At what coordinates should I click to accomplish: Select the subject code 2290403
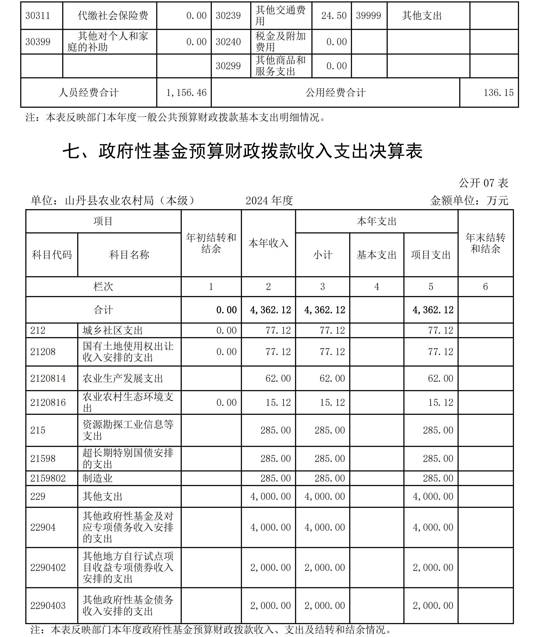(48, 605)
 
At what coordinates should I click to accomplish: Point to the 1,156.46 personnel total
(186, 93)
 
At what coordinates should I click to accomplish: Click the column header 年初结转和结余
(211, 243)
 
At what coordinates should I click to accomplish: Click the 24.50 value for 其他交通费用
(334, 16)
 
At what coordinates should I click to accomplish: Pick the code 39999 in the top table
(368, 16)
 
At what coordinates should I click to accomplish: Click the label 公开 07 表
(483, 183)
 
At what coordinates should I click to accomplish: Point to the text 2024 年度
(269, 201)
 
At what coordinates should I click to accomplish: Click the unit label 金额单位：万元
(469, 201)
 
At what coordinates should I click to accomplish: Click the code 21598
(43, 458)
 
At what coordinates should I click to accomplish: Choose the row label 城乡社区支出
(113, 330)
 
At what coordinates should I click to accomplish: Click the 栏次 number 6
(485, 287)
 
